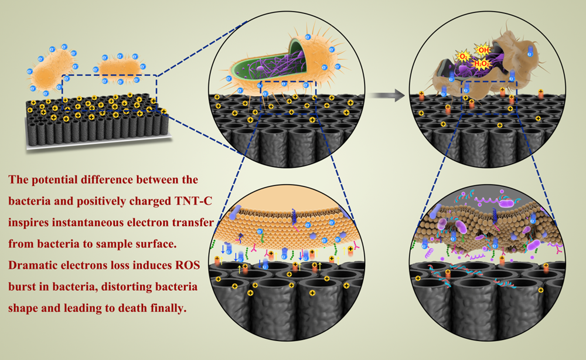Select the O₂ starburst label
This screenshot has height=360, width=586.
click(462, 56)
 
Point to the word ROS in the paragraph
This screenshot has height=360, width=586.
click(176, 266)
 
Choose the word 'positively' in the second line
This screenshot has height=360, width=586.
click(109, 201)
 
